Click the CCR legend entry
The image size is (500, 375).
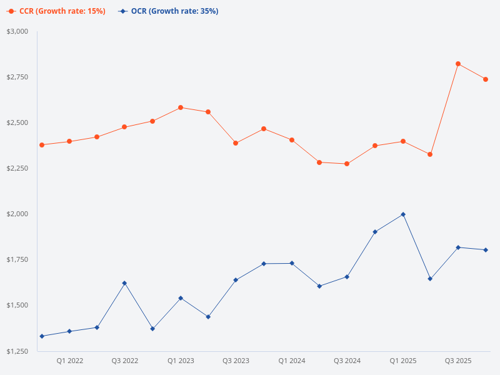[56, 11]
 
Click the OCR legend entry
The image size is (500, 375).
[168, 11]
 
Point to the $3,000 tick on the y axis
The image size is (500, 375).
[17, 31]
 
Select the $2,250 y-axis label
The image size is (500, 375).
[17, 168]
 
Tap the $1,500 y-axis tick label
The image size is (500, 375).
[17, 306]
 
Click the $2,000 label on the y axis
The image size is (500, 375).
[17, 214]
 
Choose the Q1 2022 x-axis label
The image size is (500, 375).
[69, 361]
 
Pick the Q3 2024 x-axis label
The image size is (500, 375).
[347, 361]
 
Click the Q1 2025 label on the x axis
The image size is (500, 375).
[403, 361]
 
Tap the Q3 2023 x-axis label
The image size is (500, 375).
[236, 361]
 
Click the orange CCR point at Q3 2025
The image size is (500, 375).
[458, 64]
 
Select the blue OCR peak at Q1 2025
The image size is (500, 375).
[403, 214]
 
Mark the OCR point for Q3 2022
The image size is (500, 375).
[124, 283]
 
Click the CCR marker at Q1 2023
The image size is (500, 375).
[181, 107]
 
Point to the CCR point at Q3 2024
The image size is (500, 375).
[347, 164]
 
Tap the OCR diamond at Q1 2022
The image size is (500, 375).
[69, 331]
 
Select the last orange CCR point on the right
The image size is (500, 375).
[486, 79]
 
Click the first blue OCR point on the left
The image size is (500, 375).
[42, 336]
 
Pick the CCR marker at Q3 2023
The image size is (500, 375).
[236, 143]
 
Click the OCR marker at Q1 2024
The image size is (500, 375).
[292, 263]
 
